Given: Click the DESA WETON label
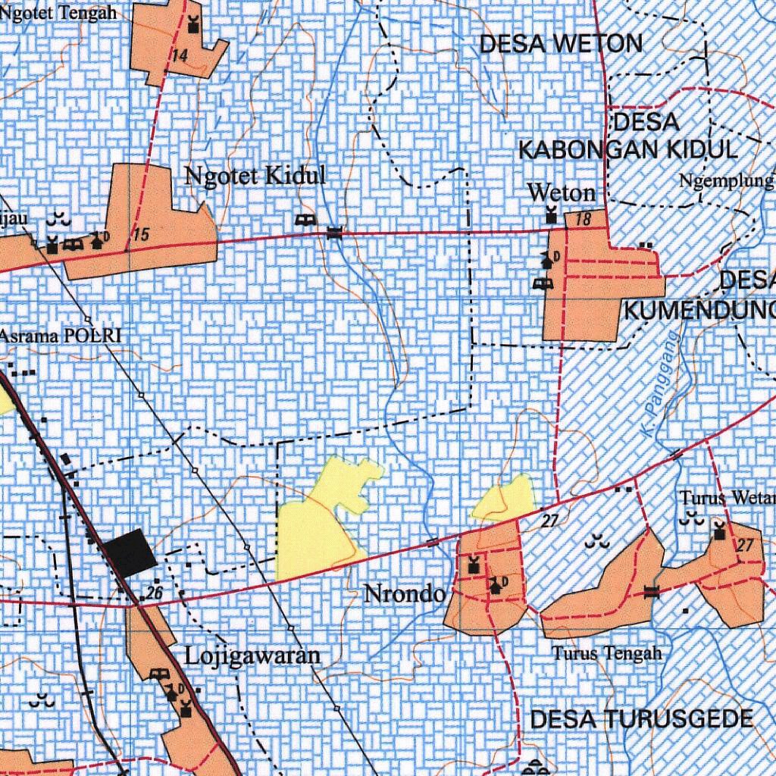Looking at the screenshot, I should (x=561, y=44).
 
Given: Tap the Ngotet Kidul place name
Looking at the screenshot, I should (x=255, y=177).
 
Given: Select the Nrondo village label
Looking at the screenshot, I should (x=404, y=593).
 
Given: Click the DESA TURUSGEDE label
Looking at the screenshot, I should (x=641, y=719).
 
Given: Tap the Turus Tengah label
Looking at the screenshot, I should (x=606, y=652).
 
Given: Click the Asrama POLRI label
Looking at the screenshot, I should (x=61, y=336).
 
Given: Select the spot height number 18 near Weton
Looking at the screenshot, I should (x=583, y=220).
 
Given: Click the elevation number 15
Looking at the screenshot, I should (x=140, y=236).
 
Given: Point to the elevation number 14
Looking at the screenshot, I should (x=180, y=56).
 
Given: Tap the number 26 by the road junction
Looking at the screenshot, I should (x=155, y=593).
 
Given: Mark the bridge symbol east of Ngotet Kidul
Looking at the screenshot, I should (x=334, y=233).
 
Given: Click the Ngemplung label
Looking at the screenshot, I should (x=726, y=181).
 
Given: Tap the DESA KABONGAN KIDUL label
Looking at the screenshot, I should (x=627, y=136).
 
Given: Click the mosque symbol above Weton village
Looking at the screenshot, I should (x=552, y=216).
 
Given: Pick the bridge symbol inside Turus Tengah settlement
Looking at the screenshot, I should (x=651, y=592).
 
